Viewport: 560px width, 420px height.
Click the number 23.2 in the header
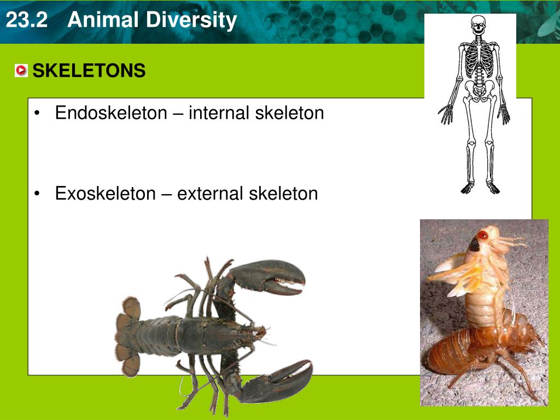pyautogui.click(x=27, y=21)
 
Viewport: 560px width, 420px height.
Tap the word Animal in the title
pyautogui.click(x=101, y=21)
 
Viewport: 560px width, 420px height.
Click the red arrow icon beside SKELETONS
pyautogui.click(x=21, y=71)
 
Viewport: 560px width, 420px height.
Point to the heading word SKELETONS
pyautogui.click(x=89, y=71)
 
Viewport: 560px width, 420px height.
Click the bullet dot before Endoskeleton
pyautogui.click(x=37, y=114)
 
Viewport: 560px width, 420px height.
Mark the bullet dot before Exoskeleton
pyautogui.click(x=37, y=194)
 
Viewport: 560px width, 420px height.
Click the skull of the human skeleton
pyautogui.click(x=479, y=26)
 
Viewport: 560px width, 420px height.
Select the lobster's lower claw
pyautogui.click(x=279, y=377)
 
